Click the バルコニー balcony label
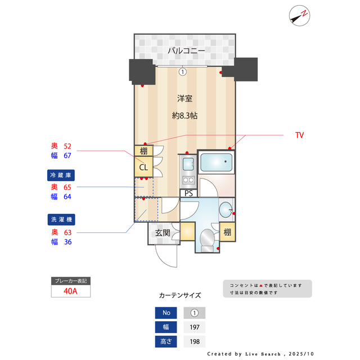coord(185,51)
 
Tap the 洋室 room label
coord(185,98)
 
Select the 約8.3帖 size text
coord(185,116)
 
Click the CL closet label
coord(143,167)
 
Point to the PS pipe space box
coord(188,193)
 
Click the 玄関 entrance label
coord(163,232)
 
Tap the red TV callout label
coord(299,136)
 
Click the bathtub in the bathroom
coord(216,163)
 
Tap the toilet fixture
coord(209,236)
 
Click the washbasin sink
coord(226,209)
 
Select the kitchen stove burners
coord(188,181)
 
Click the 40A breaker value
coord(70,291)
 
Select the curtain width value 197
coord(194,327)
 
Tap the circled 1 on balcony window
coord(182,71)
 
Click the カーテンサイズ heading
coord(180,295)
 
